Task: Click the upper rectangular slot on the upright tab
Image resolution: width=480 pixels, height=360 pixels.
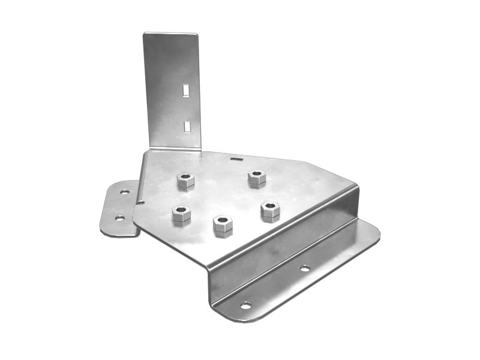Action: [186, 90]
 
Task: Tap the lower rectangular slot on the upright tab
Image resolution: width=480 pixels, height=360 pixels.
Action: [187, 125]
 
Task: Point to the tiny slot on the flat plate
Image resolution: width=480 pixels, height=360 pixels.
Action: [236, 160]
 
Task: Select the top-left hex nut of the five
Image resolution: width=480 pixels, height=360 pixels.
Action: [185, 180]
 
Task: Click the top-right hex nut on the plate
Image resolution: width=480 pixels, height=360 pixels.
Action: [257, 178]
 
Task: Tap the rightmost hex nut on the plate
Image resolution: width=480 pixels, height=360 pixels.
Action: [270, 211]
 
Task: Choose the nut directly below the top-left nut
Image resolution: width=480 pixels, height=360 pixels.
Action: [181, 214]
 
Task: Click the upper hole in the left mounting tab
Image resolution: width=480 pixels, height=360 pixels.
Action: [124, 192]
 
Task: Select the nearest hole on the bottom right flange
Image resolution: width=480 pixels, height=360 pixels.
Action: [245, 305]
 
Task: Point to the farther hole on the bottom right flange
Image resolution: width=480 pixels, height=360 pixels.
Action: [305, 268]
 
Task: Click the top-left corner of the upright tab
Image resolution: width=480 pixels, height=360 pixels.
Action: [145, 35]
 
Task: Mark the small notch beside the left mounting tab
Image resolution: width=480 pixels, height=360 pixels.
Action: [139, 202]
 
